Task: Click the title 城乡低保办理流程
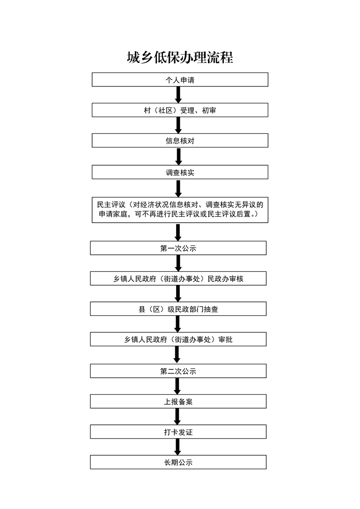[x=180, y=57]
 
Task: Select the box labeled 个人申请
[x=180, y=80]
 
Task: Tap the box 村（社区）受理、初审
[x=180, y=110]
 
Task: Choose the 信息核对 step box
[x=180, y=141]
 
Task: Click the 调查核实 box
[x=180, y=172]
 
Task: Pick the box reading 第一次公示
[x=178, y=248]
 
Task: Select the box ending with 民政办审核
[x=178, y=279]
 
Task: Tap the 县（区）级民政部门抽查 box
[x=178, y=309]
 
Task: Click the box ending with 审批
[x=178, y=339]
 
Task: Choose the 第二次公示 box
[x=178, y=371]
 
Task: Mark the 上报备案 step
[x=178, y=401]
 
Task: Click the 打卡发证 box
[x=178, y=432]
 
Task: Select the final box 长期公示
[x=178, y=462]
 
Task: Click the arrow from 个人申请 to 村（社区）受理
[x=178, y=95]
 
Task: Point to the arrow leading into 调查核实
[x=178, y=157]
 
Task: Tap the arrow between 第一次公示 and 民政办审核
[x=178, y=264]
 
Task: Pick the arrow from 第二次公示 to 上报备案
[x=178, y=386]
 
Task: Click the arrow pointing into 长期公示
[x=178, y=447]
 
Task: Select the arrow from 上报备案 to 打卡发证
[x=178, y=416]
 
